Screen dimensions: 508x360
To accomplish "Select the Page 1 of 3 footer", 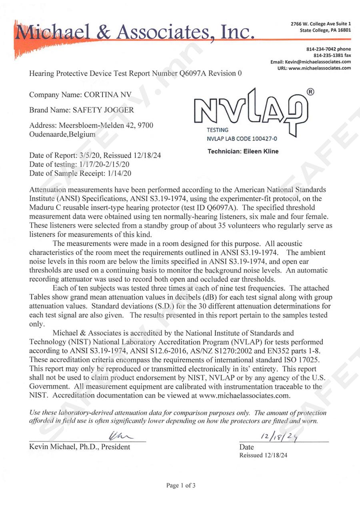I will [x=181, y=486].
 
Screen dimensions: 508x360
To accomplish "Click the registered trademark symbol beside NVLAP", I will [x=310, y=92].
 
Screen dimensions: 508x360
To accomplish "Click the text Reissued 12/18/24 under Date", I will [x=263, y=455].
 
